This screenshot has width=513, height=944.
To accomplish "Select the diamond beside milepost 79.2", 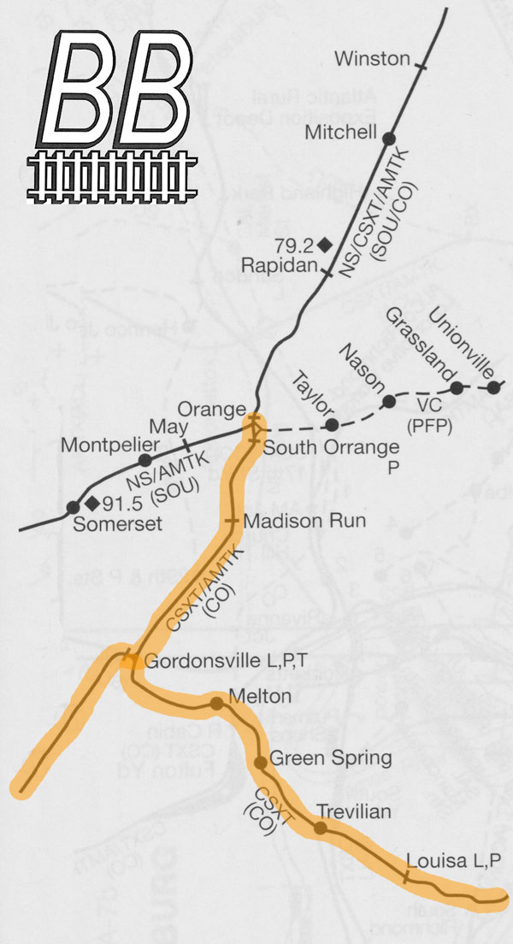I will (324, 245).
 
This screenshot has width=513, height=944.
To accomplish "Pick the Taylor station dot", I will (332, 425).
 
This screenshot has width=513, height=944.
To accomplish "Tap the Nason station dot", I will (389, 401).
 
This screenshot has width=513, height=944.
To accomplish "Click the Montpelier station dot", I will (144, 460).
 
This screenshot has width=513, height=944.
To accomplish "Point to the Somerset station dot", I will (73, 508).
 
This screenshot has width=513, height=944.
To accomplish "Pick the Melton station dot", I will (217, 703).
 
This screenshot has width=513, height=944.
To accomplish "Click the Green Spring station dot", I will (260, 762).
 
